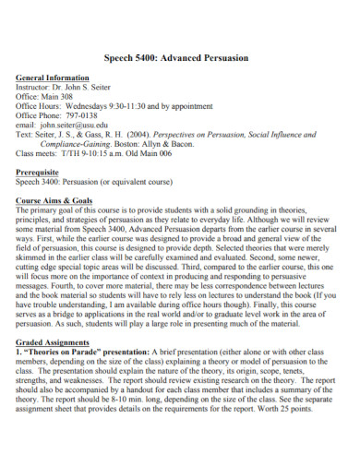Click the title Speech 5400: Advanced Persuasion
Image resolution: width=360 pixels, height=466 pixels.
[x=179, y=57]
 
